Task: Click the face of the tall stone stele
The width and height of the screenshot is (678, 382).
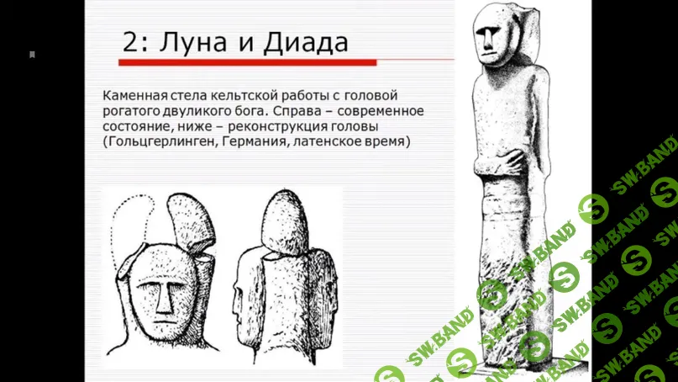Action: [x=488, y=38]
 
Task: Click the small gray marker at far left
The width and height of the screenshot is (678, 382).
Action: [x=32, y=55]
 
